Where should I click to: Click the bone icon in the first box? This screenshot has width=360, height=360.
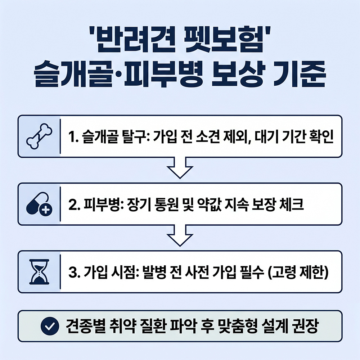pyautogui.click(x=39, y=136)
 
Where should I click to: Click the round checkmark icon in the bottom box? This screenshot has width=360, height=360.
pyautogui.click(x=50, y=326)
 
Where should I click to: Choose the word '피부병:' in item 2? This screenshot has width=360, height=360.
pyautogui.click(x=104, y=204)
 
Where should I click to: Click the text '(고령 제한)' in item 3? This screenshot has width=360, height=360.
pyautogui.click(x=298, y=273)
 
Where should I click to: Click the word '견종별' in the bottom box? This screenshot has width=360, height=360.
pyautogui.click(x=85, y=326)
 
